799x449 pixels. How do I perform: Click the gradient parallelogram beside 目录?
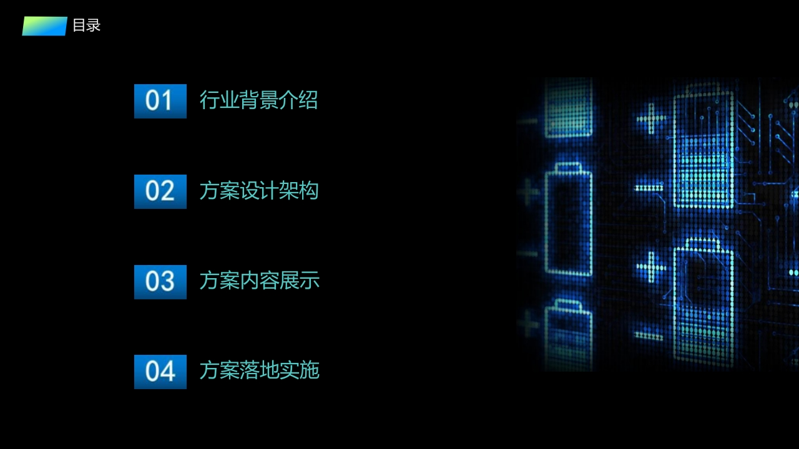44,26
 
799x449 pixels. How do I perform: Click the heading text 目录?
87,26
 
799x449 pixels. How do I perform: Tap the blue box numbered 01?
160,101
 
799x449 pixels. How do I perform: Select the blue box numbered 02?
160,191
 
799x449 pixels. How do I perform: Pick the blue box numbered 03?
160,282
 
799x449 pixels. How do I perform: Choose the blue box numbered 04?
160,372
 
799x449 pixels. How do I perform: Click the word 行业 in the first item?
219,100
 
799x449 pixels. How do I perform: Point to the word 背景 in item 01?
258,100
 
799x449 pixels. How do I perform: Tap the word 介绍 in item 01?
298,100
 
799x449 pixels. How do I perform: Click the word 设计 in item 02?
258,190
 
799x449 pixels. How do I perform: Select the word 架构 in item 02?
298,190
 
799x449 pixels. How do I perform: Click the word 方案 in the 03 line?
219,281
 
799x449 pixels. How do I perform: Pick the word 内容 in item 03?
258,281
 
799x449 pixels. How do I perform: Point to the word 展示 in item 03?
299,281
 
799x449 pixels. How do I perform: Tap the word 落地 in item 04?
258,370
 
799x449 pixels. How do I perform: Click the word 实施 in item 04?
299,370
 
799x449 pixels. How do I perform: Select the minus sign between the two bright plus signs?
649,188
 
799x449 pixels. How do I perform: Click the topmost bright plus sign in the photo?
651,118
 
